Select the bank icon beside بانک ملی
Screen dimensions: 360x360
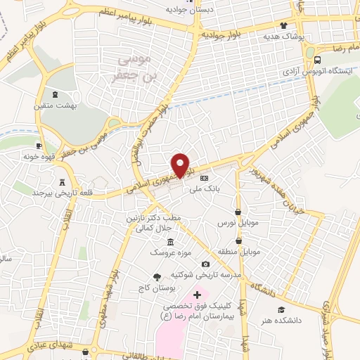point(205,177)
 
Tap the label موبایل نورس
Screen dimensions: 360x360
point(238,222)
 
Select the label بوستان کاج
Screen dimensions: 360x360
point(157,287)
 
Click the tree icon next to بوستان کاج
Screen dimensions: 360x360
point(156,276)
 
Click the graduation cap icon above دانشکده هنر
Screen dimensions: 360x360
point(281,309)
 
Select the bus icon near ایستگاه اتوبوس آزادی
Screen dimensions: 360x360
point(319,60)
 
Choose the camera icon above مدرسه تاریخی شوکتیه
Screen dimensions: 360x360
point(205,264)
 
